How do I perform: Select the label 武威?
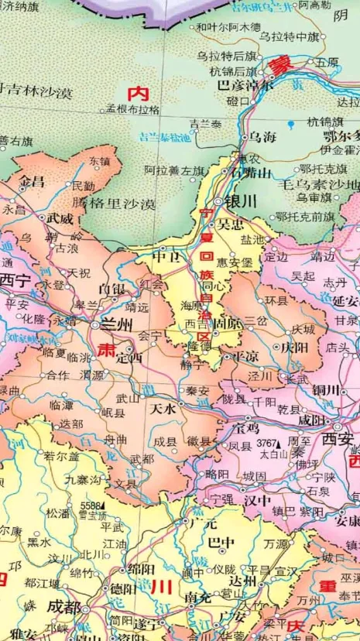point(60,219)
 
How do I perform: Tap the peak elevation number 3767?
point(266,444)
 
